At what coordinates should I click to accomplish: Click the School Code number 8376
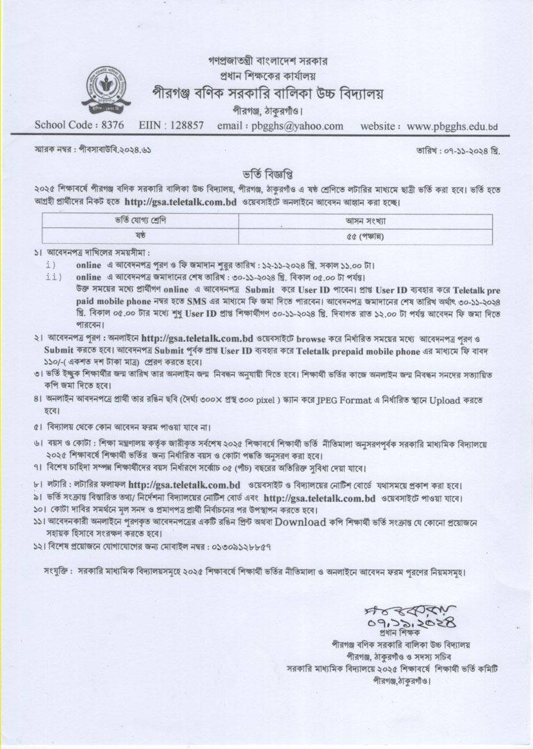110,126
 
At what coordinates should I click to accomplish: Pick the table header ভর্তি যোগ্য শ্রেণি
140,221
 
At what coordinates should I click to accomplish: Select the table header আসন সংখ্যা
365,221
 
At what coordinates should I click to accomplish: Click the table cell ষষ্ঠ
140,236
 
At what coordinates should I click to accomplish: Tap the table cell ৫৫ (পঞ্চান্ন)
365,236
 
